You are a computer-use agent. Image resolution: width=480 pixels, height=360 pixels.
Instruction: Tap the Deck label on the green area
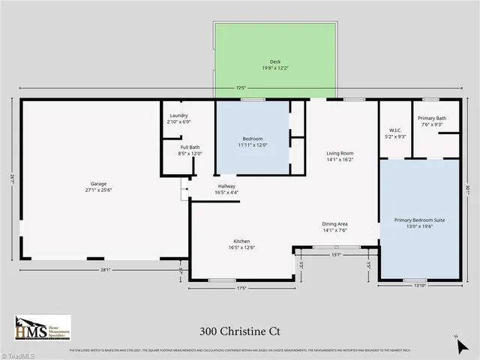click(274, 64)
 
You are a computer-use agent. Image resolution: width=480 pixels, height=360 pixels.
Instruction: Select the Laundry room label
click(178, 118)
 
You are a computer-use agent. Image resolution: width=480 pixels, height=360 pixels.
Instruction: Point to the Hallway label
click(226, 189)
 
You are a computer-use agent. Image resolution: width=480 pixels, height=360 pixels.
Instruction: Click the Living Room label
click(340, 156)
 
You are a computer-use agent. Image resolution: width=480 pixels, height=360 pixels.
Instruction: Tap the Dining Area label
click(334, 226)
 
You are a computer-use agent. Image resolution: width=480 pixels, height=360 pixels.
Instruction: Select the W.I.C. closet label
click(395, 133)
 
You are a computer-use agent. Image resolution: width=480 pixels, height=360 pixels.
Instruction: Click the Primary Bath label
click(432, 121)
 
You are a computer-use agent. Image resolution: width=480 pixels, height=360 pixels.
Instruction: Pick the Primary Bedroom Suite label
click(420, 223)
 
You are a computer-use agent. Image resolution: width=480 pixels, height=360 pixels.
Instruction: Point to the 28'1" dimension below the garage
click(105, 270)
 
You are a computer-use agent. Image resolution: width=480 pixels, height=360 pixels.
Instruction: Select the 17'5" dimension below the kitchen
click(241, 287)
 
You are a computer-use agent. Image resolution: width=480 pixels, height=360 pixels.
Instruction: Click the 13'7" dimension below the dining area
click(336, 254)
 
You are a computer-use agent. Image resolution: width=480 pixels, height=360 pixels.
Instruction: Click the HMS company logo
click(43, 328)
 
